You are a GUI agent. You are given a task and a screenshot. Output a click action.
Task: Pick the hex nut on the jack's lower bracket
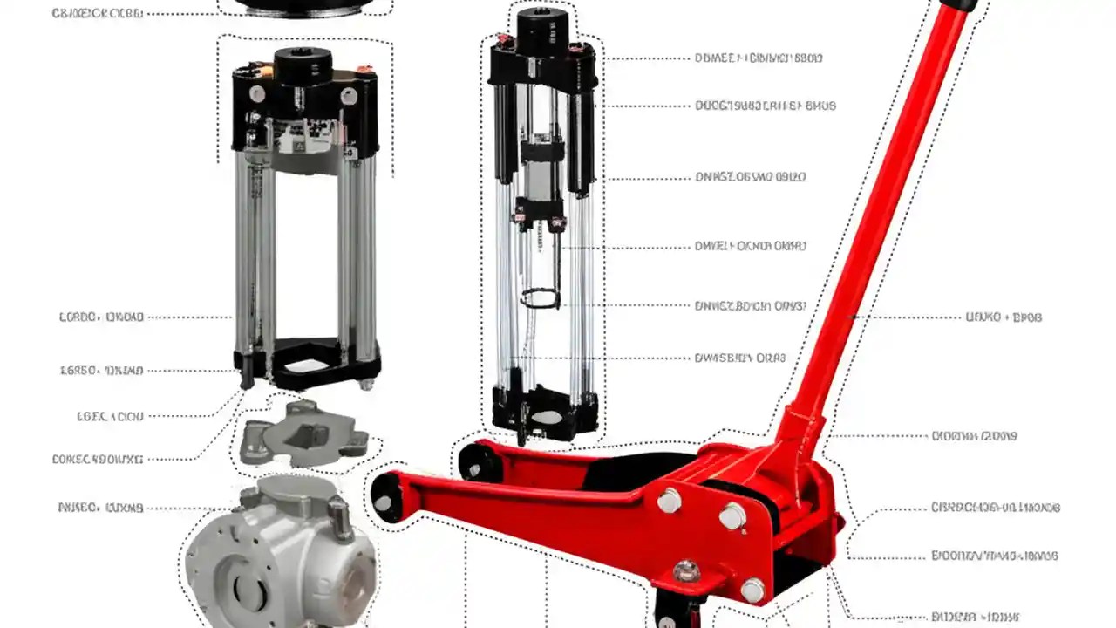click(x=686, y=570)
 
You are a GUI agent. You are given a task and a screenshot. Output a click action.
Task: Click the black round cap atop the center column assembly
click(x=542, y=31)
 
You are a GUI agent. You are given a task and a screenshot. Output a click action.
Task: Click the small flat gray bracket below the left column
click(x=301, y=432)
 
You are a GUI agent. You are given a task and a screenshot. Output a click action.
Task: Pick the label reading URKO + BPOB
click(x=1004, y=317)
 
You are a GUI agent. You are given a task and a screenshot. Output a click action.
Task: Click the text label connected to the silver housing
click(x=99, y=507)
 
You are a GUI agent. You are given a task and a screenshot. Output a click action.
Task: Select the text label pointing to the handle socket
click(x=974, y=435)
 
